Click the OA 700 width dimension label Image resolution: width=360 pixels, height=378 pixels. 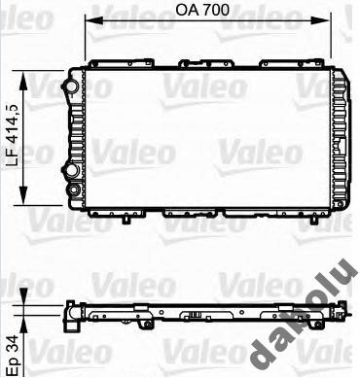click(x=207, y=13)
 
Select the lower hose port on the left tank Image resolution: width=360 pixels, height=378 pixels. click(x=71, y=175)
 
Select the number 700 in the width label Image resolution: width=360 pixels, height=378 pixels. click(x=221, y=13)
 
